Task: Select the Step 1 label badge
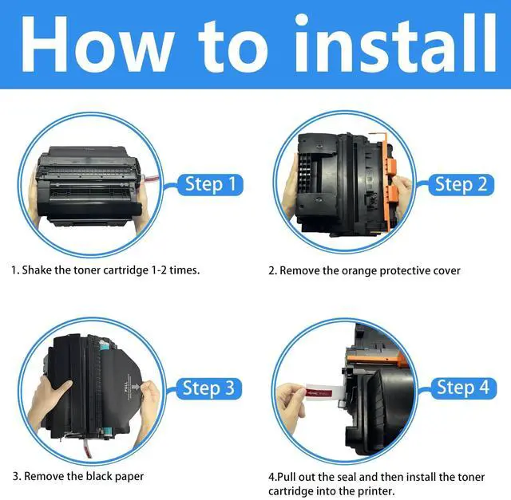click(x=211, y=184)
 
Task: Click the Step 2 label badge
click(x=461, y=184)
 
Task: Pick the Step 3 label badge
click(x=209, y=388)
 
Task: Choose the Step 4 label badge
click(x=463, y=388)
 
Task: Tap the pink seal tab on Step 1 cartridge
click(x=151, y=179)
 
